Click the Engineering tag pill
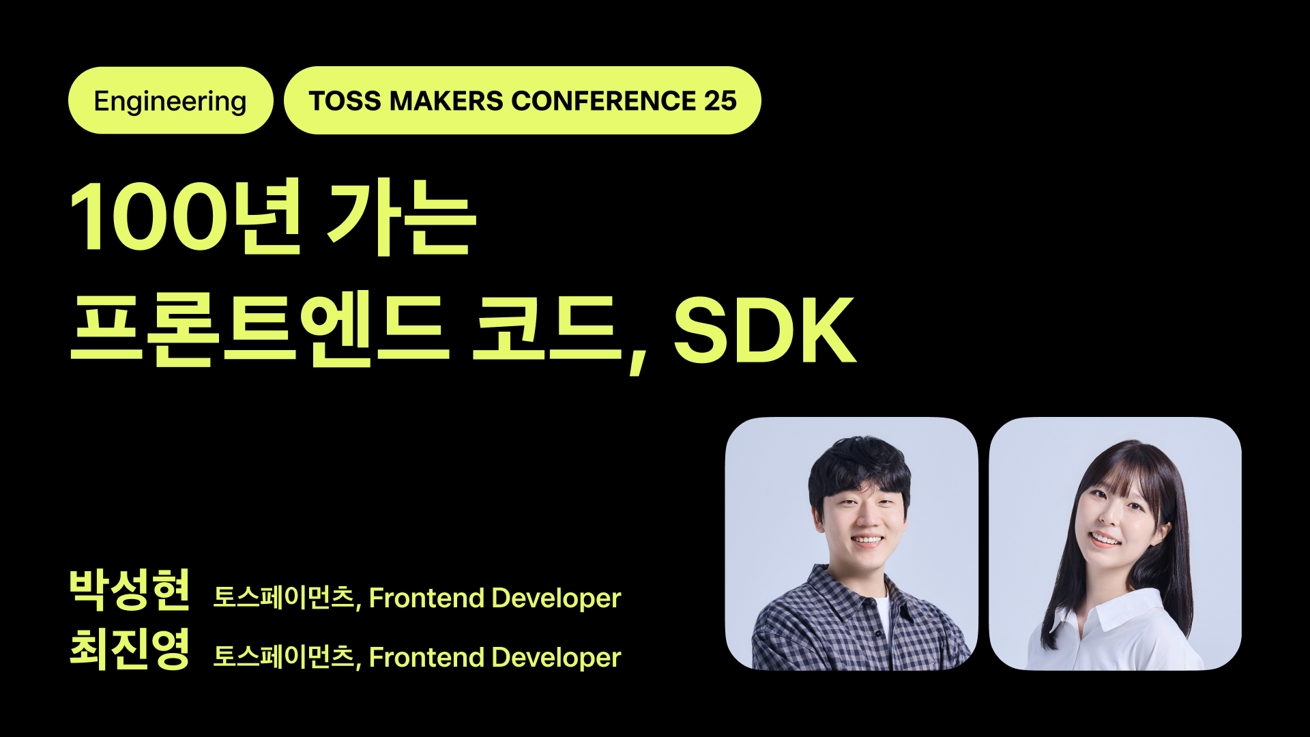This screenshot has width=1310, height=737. coord(171,101)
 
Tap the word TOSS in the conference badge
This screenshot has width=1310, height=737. coord(345,101)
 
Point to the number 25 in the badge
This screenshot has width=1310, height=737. coord(720,101)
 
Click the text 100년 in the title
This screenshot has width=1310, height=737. coord(184,217)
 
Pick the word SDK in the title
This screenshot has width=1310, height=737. coord(764,330)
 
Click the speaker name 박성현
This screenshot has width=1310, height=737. coord(130,590)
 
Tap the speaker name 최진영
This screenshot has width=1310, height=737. coord(130,649)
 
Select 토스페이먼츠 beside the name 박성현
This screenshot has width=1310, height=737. coord(284,598)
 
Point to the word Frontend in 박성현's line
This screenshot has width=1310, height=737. coord(426,598)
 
